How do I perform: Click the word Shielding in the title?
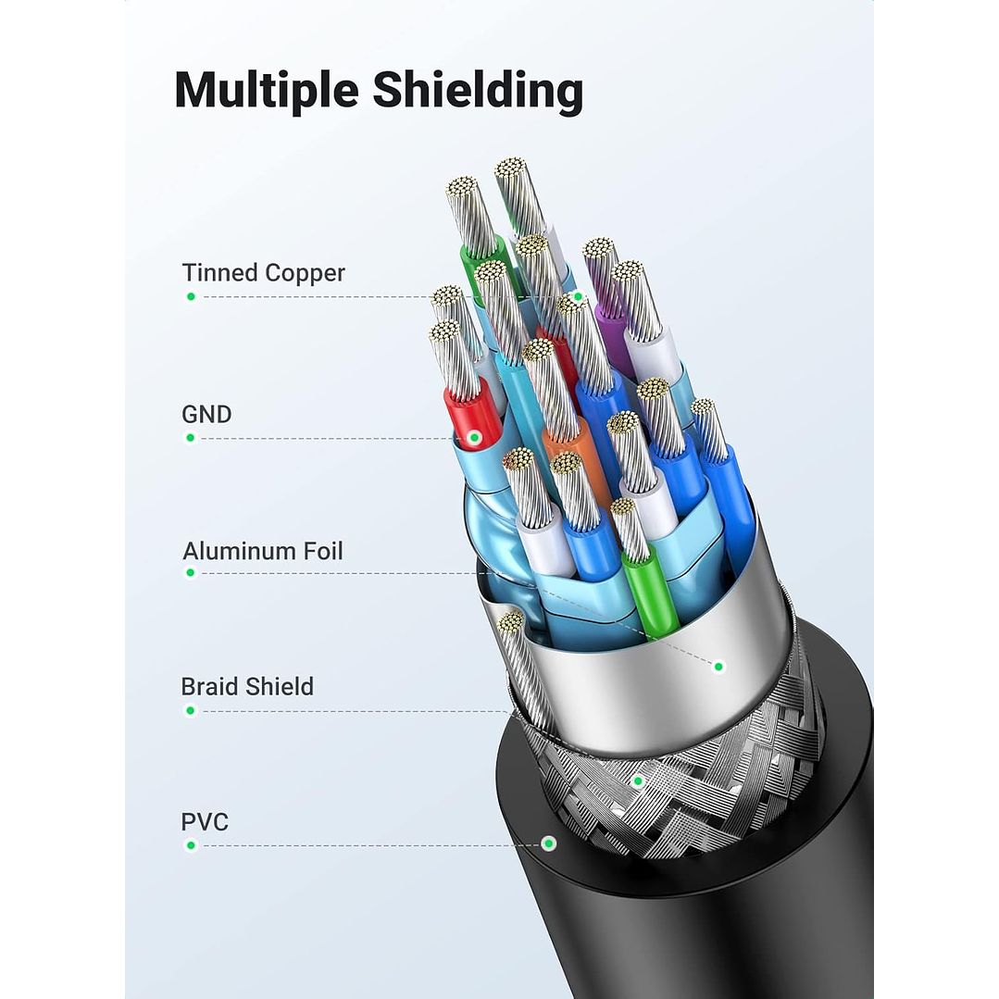pyautogui.click(x=478, y=91)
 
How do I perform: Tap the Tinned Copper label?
pyautogui.click(x=263, y=273)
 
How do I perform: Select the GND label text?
pyautogui.click(x=206, y=414)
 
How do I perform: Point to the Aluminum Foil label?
pyautogui.click(x=263, y=551)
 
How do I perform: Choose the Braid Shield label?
pyautogui.click(x=247, y=686)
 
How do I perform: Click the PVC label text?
pyautogui.click(x=205, y=821)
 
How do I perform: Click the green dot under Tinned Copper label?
pyautogui.click(x=191, y=296)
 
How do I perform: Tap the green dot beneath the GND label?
pyautogui.click(x=191, y=437)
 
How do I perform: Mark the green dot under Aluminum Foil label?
pyautogui.click(x=191, y=573)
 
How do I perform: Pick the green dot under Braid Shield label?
pyautogui.click(x=191, y=711)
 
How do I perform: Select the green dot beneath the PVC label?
pyautogui.click(x=191, y=845)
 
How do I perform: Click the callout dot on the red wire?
pyautogui.click(x=474, y=436)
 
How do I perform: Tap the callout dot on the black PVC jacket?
pyautogui.click(x=549, y=843)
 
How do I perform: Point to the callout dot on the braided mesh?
pyautogui.click(x=637, y=781)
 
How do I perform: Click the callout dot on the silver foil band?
pyautogui.click(x=718, y=666)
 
